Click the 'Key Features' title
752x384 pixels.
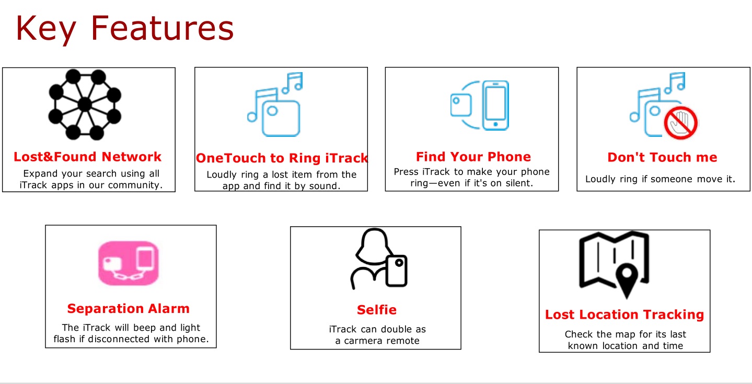[x=124, y=29]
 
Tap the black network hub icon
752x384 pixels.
[x=85, y=104]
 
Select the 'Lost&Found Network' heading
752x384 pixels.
[x=87, y=157]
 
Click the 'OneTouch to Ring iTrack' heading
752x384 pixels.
[x=282, y=158]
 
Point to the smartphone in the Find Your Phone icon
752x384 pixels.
[x=495, y=105]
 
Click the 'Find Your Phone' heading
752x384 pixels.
[x=473, y=157]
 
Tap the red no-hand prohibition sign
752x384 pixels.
[x=681, y=123]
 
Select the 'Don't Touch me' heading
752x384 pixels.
[x=662, y=157]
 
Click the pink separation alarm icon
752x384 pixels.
[x=128, y=263]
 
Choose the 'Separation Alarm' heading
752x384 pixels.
[x=128, y=308]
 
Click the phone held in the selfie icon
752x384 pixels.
[x=397, y=271]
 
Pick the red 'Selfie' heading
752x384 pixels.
[x=377, y=310]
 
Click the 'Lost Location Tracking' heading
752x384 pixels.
[x=624, y=315]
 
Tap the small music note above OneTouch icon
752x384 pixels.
[x=293, y=82]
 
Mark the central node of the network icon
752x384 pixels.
[x=85, y=104]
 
